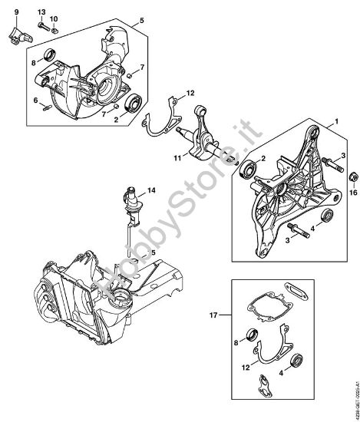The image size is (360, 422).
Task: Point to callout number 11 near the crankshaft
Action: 177,158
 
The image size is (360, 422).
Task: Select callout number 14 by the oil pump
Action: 150,190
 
